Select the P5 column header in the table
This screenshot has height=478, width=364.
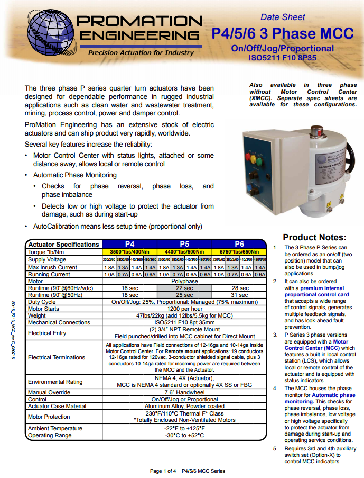click(184, 244)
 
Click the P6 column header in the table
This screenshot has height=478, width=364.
click(239, 244)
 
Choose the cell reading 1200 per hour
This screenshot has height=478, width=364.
click(184, 308)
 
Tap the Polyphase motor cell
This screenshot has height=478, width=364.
click(184, 282)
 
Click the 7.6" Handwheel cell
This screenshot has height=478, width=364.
click(184, 392)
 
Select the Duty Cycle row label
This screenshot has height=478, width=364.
click(42, 301)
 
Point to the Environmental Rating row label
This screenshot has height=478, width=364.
click(55, 381)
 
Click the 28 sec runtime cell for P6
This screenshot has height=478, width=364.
click(239, 288)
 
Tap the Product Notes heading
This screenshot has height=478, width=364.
click(314, 237)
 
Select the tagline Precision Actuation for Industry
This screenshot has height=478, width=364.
click(141, 53)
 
